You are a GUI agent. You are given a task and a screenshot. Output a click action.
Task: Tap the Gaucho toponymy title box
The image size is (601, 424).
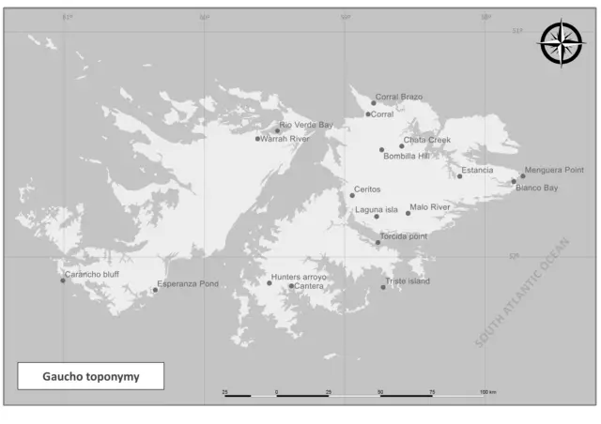point(90,376)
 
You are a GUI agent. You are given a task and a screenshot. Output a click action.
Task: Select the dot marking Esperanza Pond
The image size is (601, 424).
point(155,290)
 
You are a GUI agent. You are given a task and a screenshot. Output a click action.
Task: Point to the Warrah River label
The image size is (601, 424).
point(285,139)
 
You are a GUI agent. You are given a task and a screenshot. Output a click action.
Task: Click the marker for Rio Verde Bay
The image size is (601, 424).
point(277,130)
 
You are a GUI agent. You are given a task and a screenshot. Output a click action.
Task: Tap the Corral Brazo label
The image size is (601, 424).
point(399,97)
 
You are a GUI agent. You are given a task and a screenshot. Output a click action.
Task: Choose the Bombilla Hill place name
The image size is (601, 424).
point(406,156)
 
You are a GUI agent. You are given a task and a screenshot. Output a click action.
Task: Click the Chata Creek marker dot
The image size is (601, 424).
point(402,145)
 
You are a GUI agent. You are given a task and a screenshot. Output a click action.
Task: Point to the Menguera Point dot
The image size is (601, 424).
point(523,175)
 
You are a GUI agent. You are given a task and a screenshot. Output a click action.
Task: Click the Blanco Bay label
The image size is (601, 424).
point(537,188)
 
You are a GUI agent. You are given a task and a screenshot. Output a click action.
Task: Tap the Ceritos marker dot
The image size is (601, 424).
point(352,195)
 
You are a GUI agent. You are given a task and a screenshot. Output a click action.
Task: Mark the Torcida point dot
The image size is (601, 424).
point(378,242)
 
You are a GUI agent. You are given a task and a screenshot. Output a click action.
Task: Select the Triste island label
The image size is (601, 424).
point(407,281)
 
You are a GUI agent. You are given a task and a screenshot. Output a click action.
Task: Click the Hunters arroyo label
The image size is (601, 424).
point(299,277)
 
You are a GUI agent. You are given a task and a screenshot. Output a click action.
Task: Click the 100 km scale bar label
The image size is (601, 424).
point(487,390)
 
